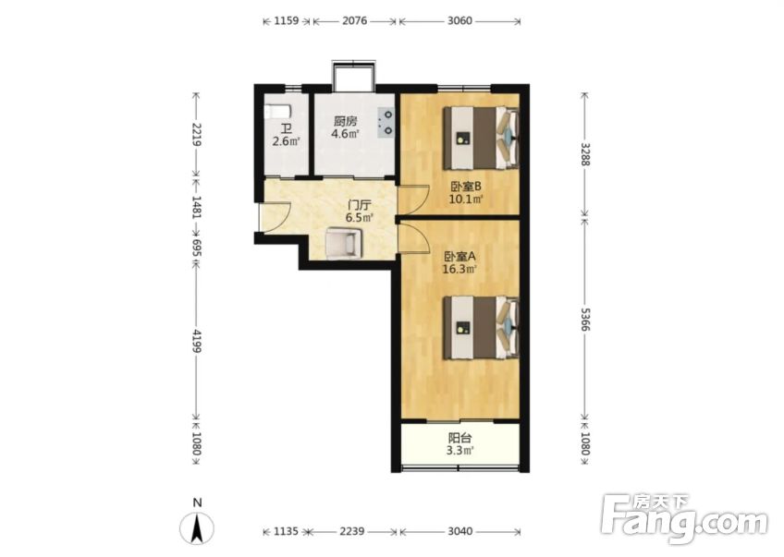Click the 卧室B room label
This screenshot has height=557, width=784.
coord(466,187)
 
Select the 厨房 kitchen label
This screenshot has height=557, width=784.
coord(346,121)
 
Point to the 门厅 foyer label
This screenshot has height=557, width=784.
coord(360,205)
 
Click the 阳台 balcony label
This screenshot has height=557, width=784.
coord(460,438)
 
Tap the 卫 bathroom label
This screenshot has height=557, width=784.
coord(286,129)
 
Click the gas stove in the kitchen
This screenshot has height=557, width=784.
coord(386,122)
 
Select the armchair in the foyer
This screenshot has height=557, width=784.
coord(343,243)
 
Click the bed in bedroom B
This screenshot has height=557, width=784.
coord(481,138)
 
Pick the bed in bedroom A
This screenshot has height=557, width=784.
coord(481,327)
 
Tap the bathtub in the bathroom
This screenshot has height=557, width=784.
coord(275,112)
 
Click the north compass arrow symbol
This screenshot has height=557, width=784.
coord(198,527)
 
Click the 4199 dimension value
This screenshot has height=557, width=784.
coord(197,341)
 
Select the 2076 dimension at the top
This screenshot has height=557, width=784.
coord(354,20)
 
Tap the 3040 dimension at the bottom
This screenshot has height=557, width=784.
coord(459,531)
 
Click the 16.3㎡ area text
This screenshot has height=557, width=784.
coord(459,270)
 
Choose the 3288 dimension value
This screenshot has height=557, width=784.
coord(585,154)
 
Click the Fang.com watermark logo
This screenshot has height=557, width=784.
coord(684,518)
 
